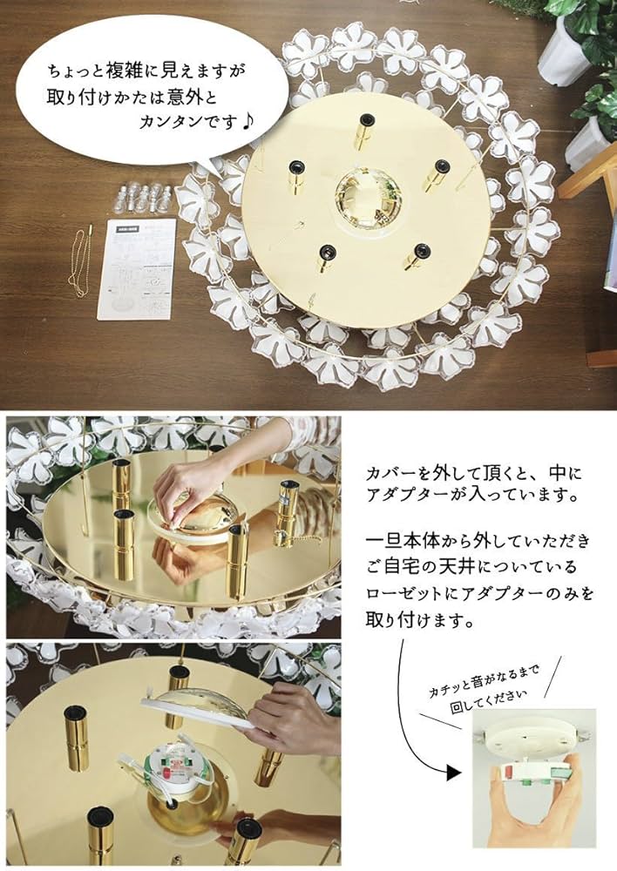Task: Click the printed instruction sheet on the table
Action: coord(136,268)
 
